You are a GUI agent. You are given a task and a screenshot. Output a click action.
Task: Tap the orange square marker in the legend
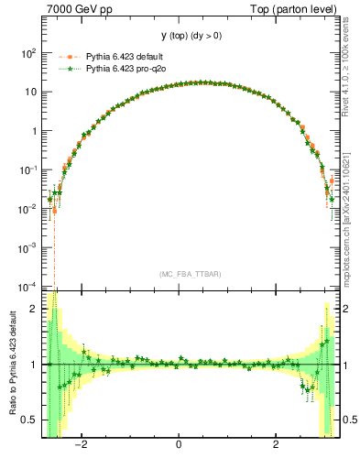point(64,57)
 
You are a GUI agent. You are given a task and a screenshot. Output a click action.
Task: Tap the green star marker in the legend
point(64,69)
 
